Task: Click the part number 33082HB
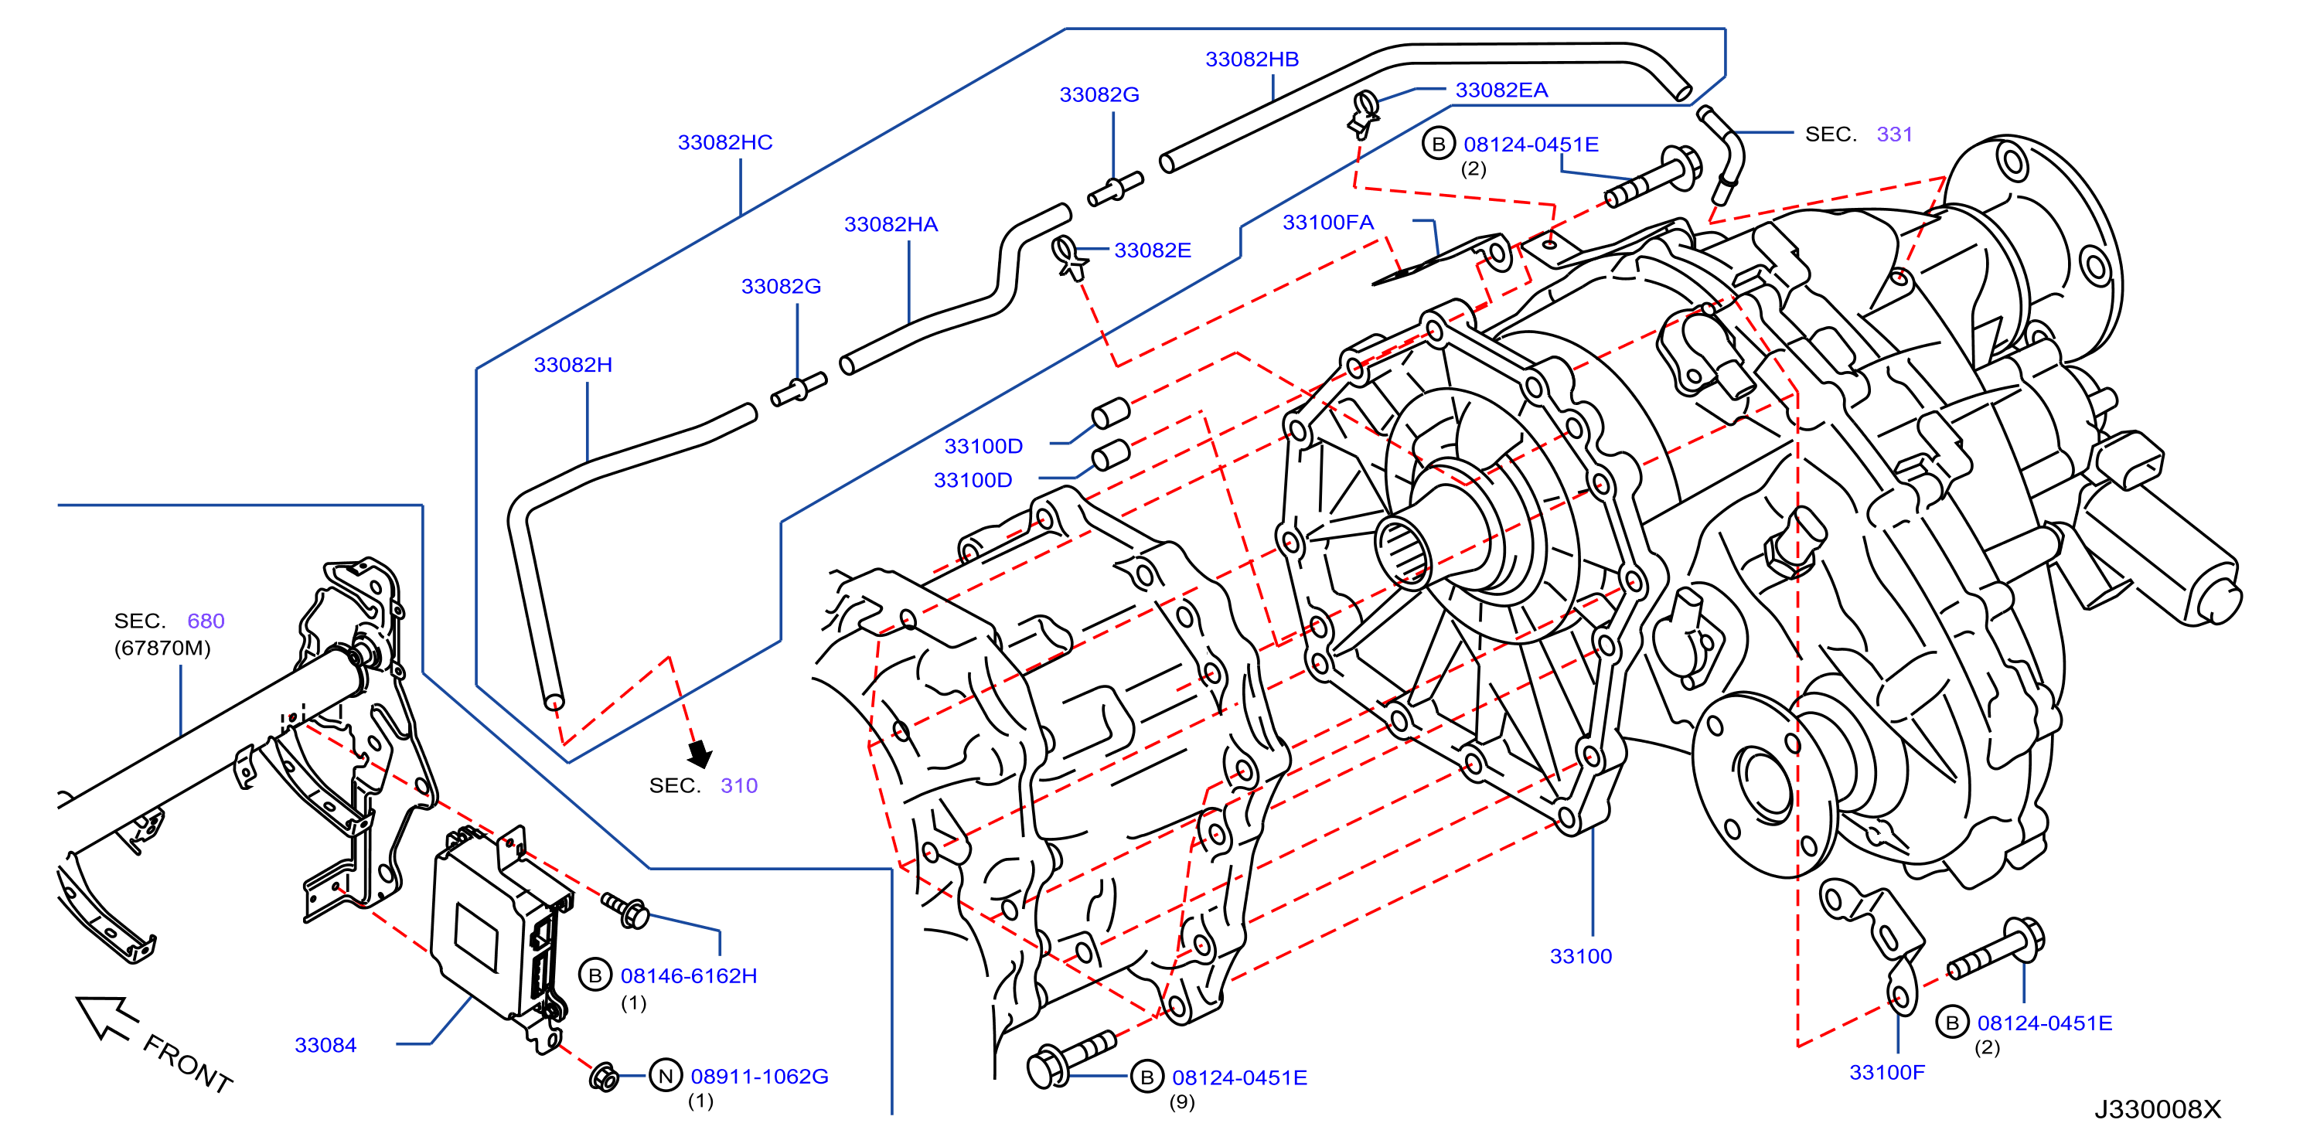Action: click(1252, 60)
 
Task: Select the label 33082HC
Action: click(724, 142)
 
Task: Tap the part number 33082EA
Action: click(1501, 90)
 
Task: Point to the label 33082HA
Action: click(891, 224)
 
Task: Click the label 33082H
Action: click(573, 365)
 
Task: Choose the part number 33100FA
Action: click(1327, 223)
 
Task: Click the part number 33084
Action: click(325, 1045)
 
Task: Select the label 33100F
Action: click(1887, 1072)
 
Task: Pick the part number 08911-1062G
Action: click(759, 1076)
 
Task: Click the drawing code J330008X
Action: click(2158, 1109)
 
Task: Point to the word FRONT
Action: click(189, 1063)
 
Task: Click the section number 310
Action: click(739, 785)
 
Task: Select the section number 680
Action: click(206, 621)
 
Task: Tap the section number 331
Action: click(1895, 134)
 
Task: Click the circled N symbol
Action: click(666, 1075)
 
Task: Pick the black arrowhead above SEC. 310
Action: click(700, 754)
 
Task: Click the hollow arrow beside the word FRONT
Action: click(106, 1017)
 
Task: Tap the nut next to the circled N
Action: click(604, 1076)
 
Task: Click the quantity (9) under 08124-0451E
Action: click(1182, 1102)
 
